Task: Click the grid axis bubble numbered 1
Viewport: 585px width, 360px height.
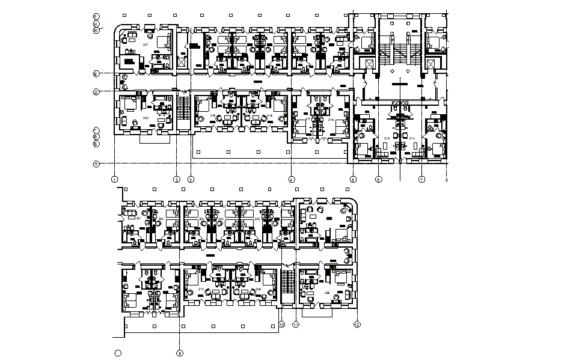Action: [x=114, y=179]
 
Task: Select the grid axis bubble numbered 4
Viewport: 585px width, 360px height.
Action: [x=291, y=179]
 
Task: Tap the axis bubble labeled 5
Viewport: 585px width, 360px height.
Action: [x=353, y=179]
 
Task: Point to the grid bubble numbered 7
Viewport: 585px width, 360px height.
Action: [x=421, y=179]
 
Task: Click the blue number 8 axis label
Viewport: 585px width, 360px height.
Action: [x=446, y=179]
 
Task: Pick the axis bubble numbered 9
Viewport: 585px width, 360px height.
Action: [x=179, y=353]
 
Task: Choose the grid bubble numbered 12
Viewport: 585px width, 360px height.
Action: [x=357, y=325]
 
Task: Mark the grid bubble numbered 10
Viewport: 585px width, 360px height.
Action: [x=281, y=325]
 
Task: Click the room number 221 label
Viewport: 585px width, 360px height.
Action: [x=145, y=45]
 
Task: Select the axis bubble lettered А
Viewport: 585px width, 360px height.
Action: [x=96, y=163]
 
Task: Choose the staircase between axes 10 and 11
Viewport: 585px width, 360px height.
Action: [x=289, y=282]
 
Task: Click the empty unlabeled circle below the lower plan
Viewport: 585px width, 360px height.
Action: [x=118, y=353]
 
